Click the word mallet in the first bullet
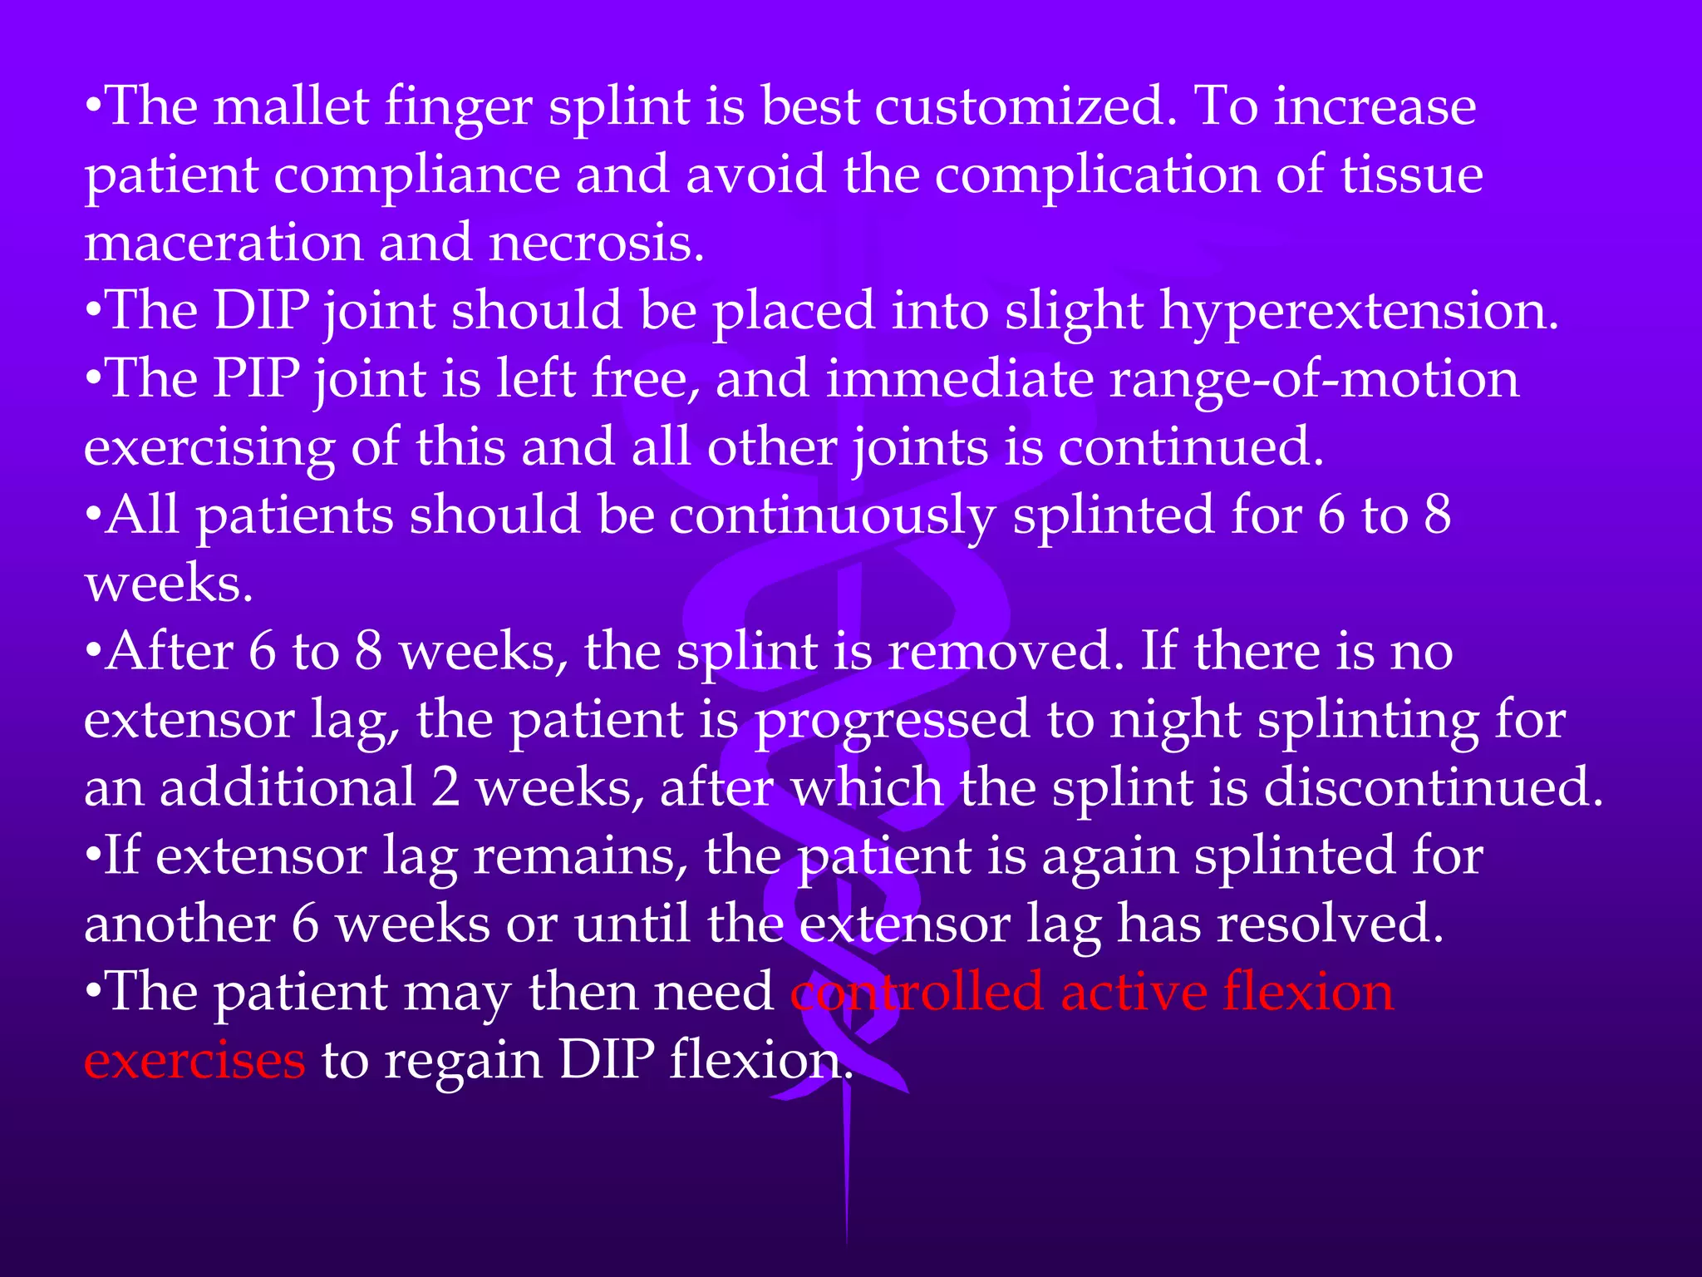(x=291, y=108)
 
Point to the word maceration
(x=224, y=244)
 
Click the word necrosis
(x=596, y=244)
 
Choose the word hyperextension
(x=1359, y=313)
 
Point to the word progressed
(x=892, y=722)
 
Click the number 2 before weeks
(x=445, y=788)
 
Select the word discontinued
(x=1434, y=788)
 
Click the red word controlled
(x=916, y=993)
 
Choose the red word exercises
(x=194, y=1061)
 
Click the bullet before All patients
(x=94, y=517)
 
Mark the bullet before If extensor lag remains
(x=94, y=856)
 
